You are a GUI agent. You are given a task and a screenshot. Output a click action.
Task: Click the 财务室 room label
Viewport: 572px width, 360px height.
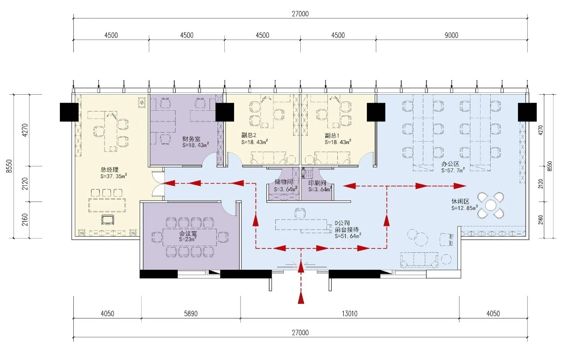tap(191, 139)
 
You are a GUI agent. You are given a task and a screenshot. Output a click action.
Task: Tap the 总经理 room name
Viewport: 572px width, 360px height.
tap(109, 170)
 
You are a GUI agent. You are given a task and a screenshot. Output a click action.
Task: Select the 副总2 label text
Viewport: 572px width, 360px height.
tap(249, 135)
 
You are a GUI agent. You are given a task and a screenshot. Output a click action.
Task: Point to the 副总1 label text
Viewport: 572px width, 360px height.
tap(332, 135)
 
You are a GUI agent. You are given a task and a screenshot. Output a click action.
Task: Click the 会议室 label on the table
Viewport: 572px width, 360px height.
tap(188, 233)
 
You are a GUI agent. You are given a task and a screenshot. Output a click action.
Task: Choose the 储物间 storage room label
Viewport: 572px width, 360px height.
tap(283, 182)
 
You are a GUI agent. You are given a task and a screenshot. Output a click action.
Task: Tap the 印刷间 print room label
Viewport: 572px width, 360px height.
tap(317, 183)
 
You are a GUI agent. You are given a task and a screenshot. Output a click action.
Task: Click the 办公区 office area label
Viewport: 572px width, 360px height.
tap(450, 164)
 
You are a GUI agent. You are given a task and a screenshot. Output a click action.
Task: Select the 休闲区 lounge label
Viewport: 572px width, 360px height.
tap(460, 201)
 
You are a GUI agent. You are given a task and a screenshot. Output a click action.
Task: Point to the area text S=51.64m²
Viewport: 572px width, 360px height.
tap(348, 236)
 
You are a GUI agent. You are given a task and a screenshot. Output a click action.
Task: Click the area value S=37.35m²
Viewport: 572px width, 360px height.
tap(114, 176)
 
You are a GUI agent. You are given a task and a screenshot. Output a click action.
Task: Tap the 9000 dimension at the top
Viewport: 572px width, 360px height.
tap(451, 35)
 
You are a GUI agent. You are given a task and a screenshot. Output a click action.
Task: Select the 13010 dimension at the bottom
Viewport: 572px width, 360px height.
tap(349, 314)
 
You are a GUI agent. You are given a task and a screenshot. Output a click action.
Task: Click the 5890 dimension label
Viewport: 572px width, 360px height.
tap(191, 314)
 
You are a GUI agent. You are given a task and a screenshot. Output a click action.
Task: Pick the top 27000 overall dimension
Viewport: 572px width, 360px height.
tap(300, 14)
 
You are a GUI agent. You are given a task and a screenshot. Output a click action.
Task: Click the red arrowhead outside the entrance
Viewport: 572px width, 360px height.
tap(301, 298)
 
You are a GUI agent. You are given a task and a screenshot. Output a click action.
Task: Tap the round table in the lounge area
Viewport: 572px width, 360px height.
tap(491, 205)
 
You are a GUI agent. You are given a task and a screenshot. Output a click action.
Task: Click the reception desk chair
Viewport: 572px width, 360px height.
tap(300, 213)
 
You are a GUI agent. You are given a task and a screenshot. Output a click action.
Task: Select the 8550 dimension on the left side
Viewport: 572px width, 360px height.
tap(9, 166)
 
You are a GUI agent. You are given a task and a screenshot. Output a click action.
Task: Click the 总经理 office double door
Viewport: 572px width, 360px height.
tap(158, 184)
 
